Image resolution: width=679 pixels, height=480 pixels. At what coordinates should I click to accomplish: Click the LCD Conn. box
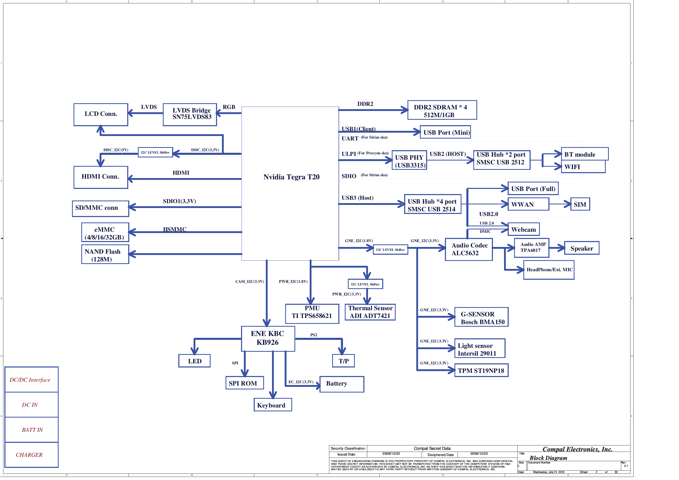click(101, 115)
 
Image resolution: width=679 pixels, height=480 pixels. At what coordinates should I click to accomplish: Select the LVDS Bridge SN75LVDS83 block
click(190, 115)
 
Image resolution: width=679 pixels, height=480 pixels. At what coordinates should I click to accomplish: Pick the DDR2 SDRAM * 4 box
click(442, 110)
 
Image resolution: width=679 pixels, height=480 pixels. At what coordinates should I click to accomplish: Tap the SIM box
click(580, 204)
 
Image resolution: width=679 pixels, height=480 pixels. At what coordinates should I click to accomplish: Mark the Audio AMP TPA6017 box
click(531, 248)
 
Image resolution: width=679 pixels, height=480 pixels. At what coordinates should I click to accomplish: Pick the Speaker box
click(581, 248)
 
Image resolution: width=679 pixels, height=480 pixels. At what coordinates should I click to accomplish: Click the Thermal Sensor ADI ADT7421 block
click(370, 312)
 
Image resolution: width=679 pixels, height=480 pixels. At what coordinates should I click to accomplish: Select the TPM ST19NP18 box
click(481, 371)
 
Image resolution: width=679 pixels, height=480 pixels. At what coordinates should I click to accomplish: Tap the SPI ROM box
click(244, 383)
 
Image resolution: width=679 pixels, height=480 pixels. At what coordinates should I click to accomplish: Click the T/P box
click(343, 361)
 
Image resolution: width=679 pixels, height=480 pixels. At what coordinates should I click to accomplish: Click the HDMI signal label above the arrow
click(181, 173)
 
